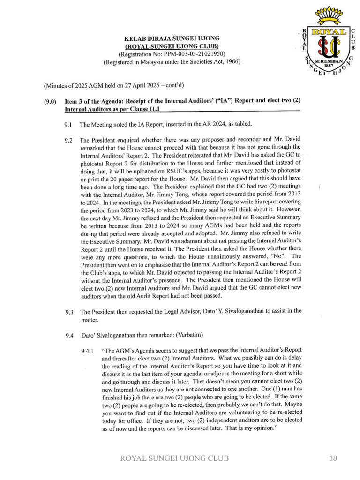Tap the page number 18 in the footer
pos(332,458)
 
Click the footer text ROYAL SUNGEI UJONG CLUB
pos(175,458)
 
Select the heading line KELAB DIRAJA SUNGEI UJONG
pos(172,38)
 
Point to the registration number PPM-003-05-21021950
pos(191,54)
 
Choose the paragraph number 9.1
pos(68,125)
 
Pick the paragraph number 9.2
pos(69,140)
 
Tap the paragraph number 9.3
pos(69,312)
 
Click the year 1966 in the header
pos(232,62)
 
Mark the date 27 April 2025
pos(136,86)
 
